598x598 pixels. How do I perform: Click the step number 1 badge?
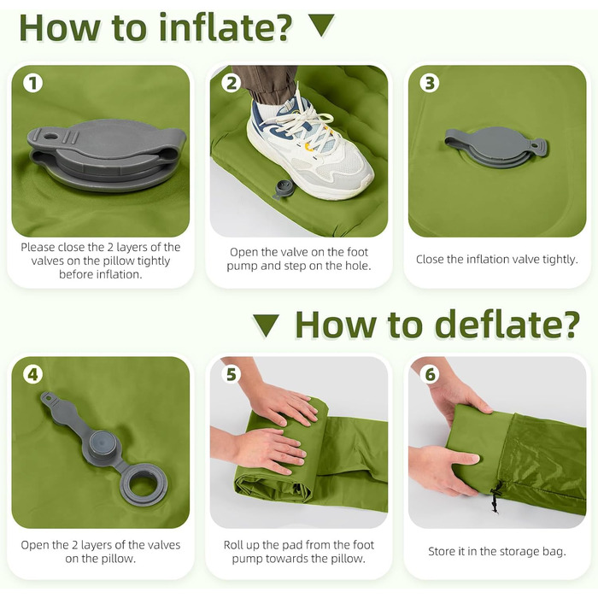pos(32,83)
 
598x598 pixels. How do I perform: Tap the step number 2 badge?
pos(232,83)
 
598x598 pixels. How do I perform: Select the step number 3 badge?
pos(430,83)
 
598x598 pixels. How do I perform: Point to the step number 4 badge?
pos(32,374)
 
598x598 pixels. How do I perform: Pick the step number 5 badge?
pos(232,374)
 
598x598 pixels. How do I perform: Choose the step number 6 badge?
pos(430,374)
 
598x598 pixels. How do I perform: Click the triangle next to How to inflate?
pos(321,25)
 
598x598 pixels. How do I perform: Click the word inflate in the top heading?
pos(226,27)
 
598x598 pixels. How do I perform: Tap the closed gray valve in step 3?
pos(495,147)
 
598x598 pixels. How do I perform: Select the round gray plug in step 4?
pos(103,445)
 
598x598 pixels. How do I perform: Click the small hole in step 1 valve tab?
pos(50,136)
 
